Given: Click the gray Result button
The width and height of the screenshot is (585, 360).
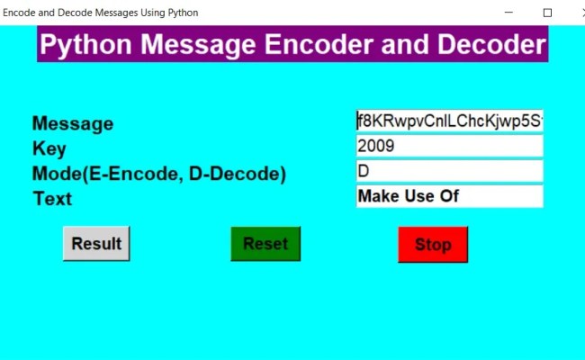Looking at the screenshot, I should point(96,244).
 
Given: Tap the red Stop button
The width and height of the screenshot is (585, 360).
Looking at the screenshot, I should point(433,245).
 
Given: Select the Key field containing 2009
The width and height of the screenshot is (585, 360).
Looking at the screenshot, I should point(450,146).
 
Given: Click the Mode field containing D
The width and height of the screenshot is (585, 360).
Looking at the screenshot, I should point(450,171).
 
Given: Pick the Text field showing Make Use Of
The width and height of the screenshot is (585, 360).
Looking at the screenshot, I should point(450,196).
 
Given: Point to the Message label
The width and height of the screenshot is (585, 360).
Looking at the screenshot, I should point(73,124).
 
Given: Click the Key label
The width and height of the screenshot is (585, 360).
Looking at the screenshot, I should point(49,149).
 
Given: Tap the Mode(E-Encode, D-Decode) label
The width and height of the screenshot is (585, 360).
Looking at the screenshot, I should point(158,175).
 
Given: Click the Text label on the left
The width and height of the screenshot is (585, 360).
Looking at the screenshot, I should point(52,199).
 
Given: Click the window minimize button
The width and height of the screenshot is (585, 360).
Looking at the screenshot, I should point(509,13).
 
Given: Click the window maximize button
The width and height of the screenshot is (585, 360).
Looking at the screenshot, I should point(547,13).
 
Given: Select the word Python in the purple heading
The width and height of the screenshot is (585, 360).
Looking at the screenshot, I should point(88,45).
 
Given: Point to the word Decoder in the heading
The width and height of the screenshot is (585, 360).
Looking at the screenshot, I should point(491,45).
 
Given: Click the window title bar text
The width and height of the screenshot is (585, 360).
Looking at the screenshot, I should point(101,13).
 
